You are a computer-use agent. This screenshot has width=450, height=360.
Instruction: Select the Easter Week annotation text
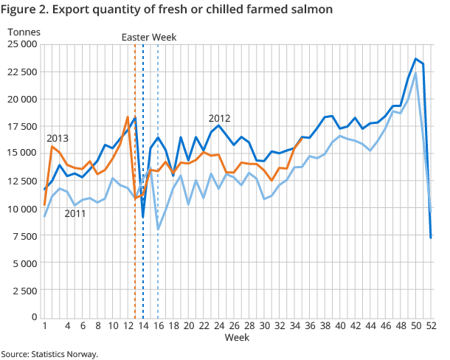coord(149,37)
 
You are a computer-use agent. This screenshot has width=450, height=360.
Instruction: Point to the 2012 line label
coord(220,118)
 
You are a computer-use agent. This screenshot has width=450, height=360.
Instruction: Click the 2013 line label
coord(58,138)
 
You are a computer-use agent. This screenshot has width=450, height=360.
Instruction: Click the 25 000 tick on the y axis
coord(23,44)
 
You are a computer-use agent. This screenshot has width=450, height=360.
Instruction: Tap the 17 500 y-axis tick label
coord(23,126)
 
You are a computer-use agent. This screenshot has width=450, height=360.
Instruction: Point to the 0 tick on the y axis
coord(34,317)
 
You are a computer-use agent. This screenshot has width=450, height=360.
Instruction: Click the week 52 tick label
coord(431,325)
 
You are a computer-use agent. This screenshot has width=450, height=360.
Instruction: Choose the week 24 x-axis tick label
coord(219,325)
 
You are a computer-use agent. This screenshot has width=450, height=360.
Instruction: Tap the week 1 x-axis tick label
coord(45,325)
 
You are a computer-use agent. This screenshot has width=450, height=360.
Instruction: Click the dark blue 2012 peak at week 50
coord(415,59)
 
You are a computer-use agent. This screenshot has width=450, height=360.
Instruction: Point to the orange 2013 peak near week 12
coord(128,117)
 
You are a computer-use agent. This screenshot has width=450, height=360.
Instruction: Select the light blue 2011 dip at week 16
coord(158,229)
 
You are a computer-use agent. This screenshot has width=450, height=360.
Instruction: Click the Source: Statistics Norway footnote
coord(49,353)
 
